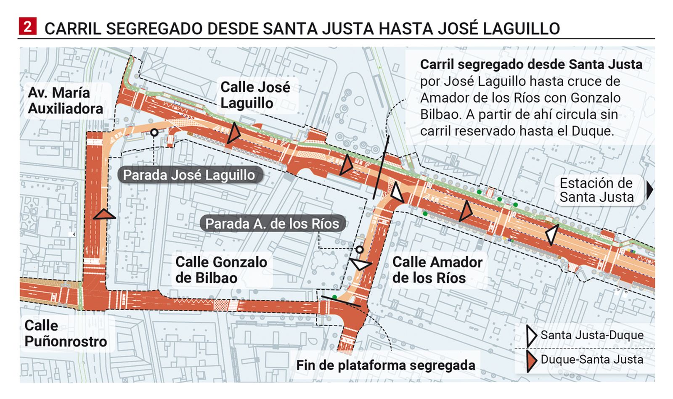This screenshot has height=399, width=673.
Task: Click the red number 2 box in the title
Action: click(27, 27)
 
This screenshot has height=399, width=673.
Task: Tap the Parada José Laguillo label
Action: click(189, 175)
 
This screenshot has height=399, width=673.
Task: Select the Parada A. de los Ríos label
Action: click(272, 224)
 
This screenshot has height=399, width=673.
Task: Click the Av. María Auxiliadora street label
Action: click(65, 100)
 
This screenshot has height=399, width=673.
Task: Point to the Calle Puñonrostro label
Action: click(65, 333)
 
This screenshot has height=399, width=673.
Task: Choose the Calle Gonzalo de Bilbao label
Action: click(221, 270)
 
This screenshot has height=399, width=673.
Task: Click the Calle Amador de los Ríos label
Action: click(437, 270)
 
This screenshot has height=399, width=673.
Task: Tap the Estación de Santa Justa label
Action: click(596, 190)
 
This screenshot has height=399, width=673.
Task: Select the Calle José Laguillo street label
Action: click(255, 95)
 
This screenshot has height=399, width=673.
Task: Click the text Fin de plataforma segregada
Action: click(385, 365)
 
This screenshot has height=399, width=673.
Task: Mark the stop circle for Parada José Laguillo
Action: click(154, 132)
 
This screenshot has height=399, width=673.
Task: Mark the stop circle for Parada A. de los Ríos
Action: click(359, 250)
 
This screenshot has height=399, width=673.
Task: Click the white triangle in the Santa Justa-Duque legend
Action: click(532, 336)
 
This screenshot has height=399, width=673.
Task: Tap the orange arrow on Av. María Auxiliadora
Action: click(104, 215)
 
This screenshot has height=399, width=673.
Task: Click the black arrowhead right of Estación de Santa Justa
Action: click(650, 190)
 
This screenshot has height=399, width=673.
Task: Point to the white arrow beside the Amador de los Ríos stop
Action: click(361, 264)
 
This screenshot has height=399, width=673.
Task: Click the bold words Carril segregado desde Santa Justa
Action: click(531, 64)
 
